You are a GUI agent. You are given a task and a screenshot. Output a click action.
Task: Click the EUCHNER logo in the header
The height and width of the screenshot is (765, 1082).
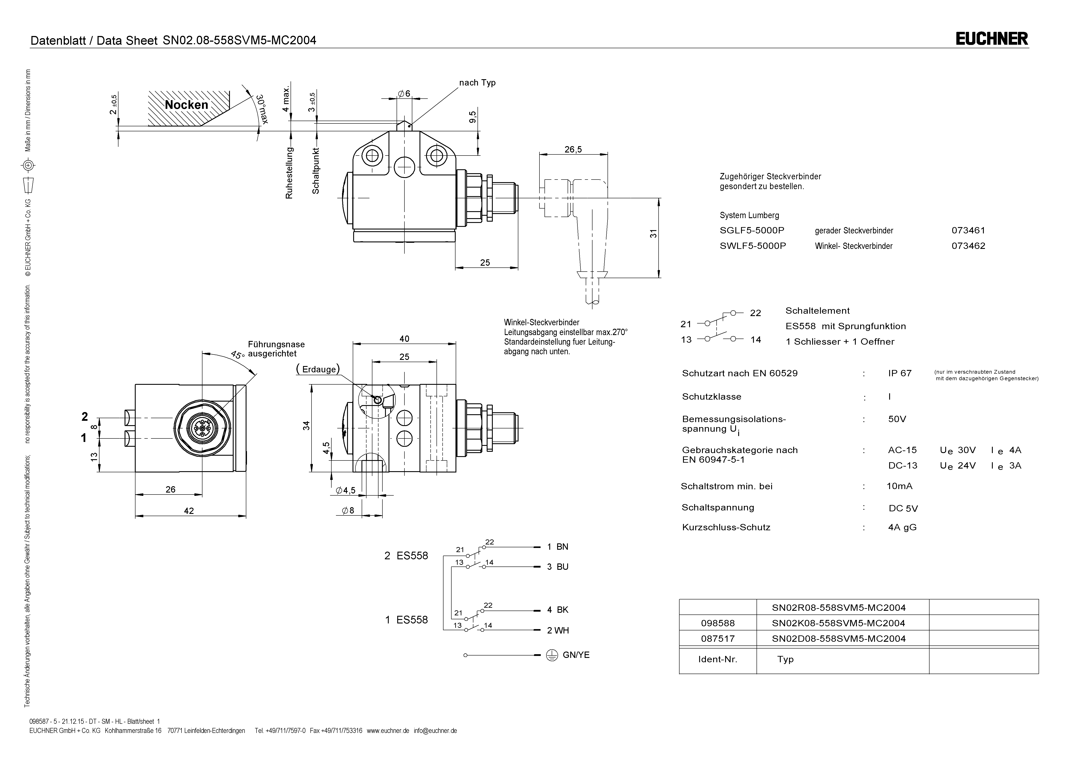pos(991,39)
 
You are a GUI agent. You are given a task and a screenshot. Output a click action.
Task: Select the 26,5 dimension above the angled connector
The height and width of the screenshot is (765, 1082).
pos(573,149)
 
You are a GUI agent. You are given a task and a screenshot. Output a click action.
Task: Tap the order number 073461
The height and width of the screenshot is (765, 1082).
pos(968,231)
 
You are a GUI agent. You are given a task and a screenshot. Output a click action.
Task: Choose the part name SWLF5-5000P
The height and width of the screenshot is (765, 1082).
pos(753,246)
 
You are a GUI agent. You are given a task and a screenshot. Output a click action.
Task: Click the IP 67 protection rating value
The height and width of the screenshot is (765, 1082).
pos(900,373)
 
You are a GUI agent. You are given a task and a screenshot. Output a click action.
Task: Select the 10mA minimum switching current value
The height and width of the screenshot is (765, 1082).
pos(899,486)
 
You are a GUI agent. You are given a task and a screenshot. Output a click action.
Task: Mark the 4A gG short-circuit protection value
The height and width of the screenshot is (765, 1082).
pos(902,527)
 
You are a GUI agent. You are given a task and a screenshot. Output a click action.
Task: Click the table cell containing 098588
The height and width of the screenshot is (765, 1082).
pos(718,623)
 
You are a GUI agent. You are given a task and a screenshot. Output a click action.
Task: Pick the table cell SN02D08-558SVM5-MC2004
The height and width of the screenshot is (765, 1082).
pos(838,639)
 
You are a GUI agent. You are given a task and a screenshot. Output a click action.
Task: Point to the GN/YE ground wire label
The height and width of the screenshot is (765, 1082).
pos(575,655)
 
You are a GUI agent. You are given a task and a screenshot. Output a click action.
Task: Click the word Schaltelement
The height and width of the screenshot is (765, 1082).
pos(817,311)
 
